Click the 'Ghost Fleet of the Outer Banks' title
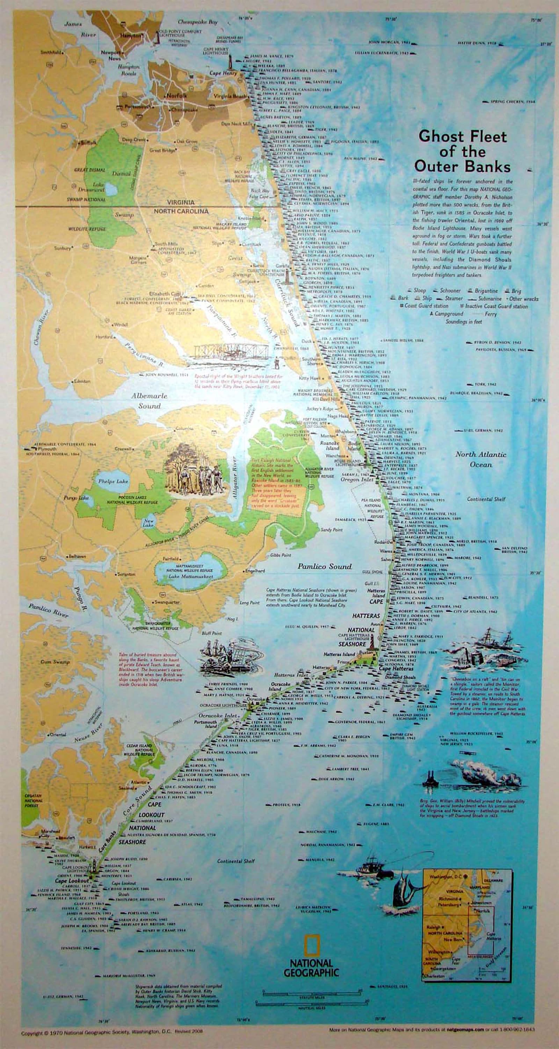[463, 151]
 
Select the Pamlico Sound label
[324, 566]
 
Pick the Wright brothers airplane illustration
[231, 352]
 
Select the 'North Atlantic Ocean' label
[480, 459]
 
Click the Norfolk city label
[176, 95]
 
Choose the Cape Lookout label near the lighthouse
[72, 880]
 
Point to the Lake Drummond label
[98, 187]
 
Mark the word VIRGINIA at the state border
[181, 202]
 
